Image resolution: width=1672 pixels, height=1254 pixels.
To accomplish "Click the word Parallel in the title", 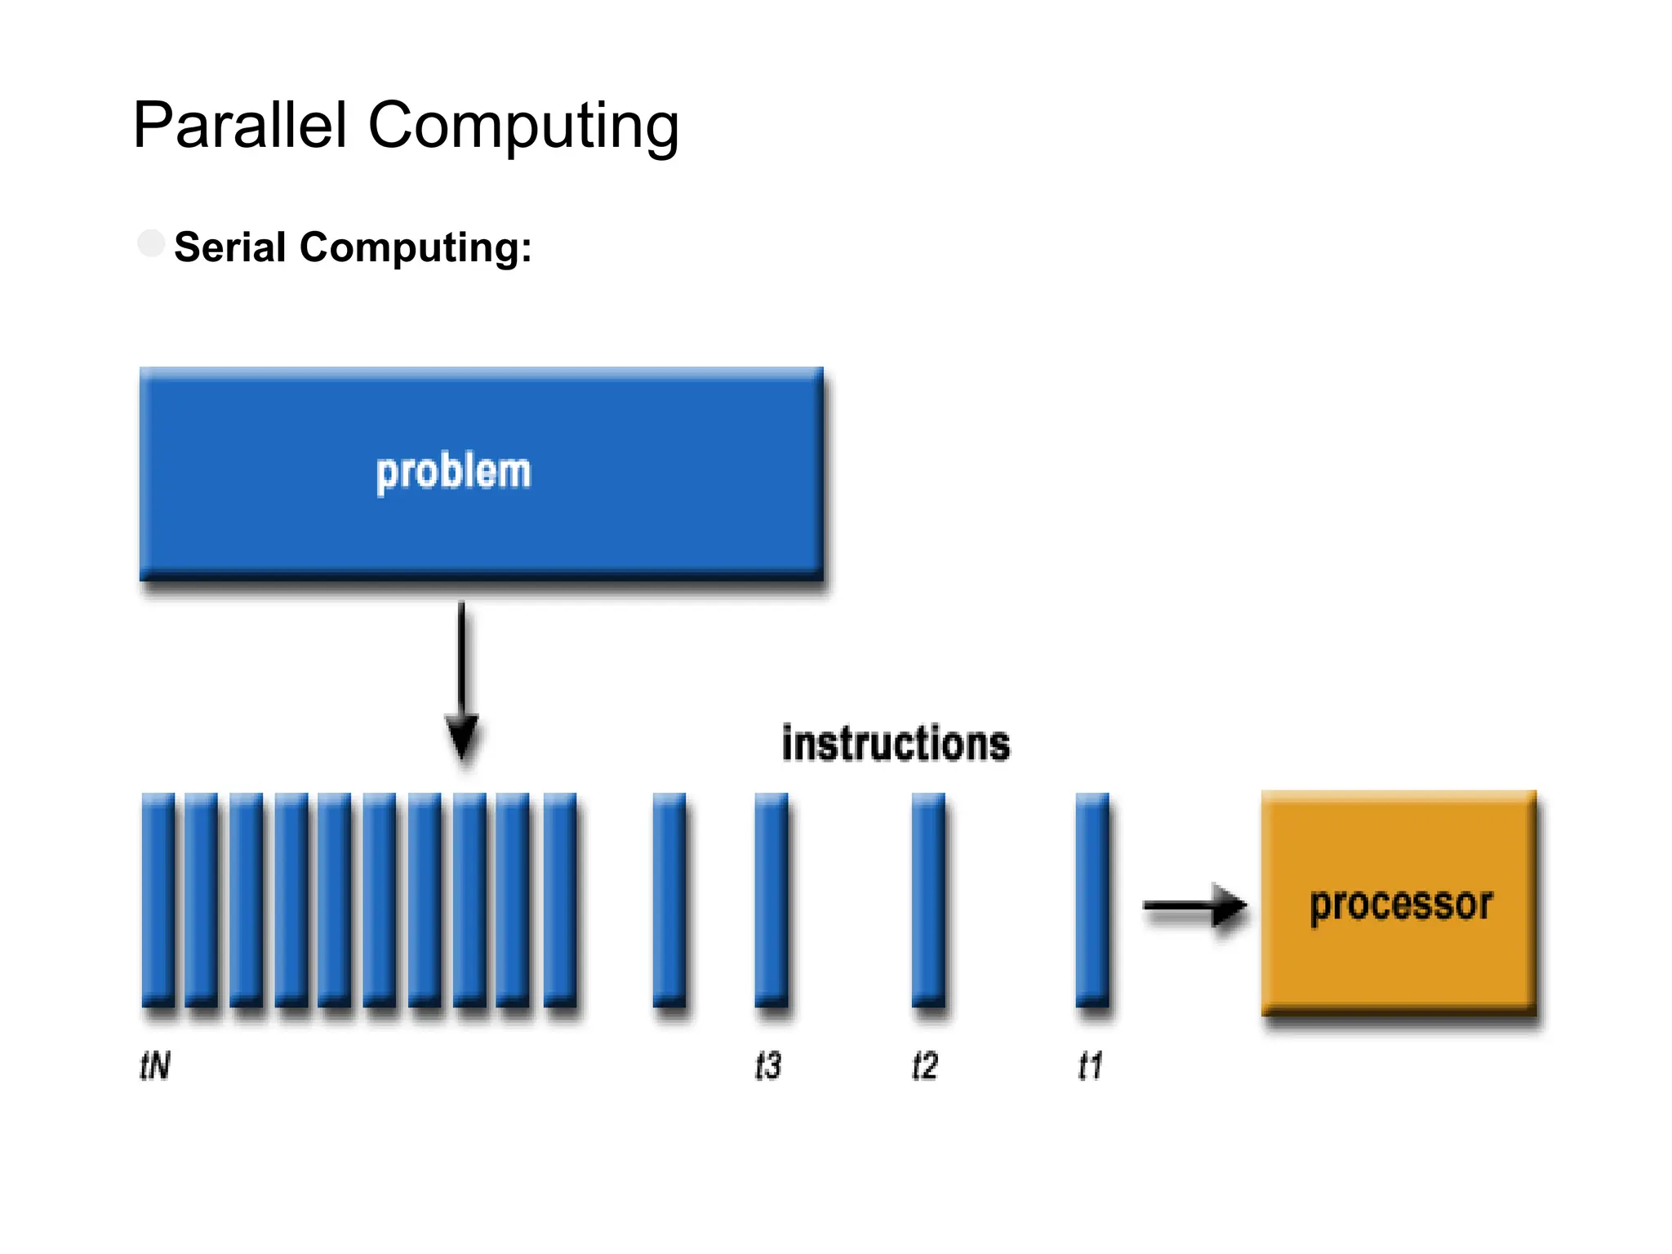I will coord(240,125).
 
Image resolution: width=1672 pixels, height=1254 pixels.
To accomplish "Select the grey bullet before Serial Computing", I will coord(151,243).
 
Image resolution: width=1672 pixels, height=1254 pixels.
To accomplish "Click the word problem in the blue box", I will coord(453,473).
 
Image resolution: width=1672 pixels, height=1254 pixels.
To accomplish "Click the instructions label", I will coord(896,744).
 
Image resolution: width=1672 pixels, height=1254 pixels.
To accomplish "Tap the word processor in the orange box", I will coord(1401,905).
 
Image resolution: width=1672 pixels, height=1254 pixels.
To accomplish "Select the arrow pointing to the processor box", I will coord(1194,905).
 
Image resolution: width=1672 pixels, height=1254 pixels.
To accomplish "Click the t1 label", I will coord(1090,1065).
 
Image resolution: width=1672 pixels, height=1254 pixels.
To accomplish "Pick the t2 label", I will coord(925,1065).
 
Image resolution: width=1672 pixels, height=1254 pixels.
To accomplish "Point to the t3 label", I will coord(767,1065).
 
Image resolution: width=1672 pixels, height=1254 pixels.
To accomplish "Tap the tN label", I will coord(154,1065).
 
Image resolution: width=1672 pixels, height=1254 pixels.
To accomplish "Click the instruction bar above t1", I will coord(1092,900).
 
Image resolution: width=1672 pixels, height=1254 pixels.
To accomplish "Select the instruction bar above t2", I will coord(927,900).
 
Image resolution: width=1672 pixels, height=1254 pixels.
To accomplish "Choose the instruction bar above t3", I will coord(771,900).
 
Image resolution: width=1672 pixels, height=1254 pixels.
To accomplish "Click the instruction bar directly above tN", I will coord(158,900).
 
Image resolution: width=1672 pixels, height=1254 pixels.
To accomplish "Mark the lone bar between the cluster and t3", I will coord(669,900).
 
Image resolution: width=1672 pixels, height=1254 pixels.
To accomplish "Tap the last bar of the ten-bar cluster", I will coord(559,900).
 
